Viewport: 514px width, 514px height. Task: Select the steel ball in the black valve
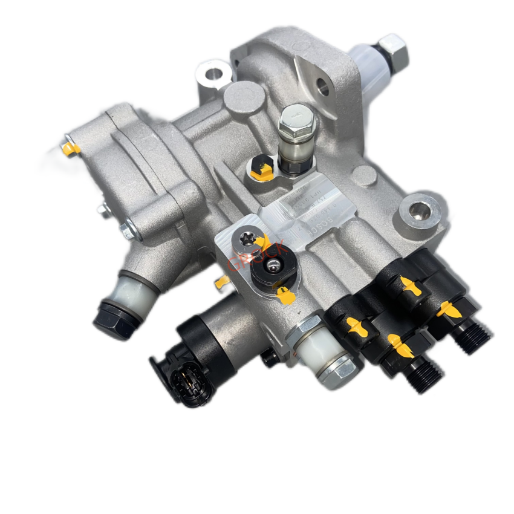click(275, 266)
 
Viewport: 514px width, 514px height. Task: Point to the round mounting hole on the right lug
click(420, 212)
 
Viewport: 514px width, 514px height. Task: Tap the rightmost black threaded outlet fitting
click(472, 336)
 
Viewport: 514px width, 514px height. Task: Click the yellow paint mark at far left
click(71, 147)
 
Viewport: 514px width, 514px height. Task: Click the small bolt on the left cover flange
click(128, 230)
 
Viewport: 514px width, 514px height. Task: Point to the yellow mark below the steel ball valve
click(282, 294)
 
